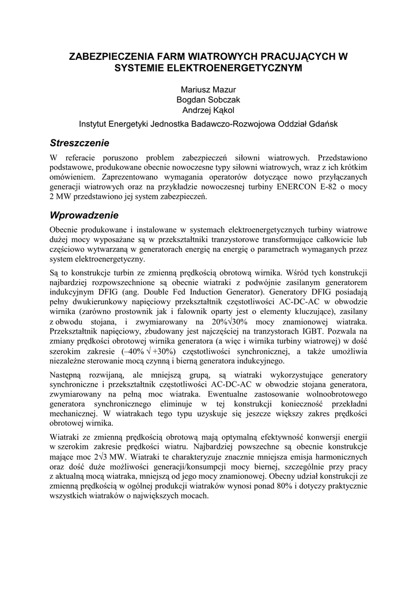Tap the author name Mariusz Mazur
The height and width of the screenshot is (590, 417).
point(208,89)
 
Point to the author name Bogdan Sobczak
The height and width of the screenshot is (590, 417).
point(208,100)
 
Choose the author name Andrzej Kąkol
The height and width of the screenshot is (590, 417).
point(208,110)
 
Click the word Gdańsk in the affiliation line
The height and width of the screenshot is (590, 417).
point(323,124)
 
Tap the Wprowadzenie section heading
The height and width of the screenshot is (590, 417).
point(84,215)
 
